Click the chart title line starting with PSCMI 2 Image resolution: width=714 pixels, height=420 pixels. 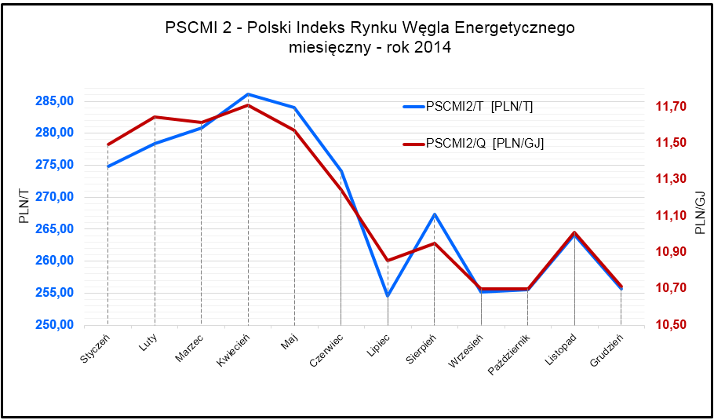tap(370, 28)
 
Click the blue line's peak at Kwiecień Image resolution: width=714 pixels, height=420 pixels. tap(248, 94)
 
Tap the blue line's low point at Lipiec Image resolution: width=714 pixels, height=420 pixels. tap(388, 296)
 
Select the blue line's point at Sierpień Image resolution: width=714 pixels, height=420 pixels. tap(434, 214)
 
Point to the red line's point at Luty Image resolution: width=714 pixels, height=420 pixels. tap(155, 117)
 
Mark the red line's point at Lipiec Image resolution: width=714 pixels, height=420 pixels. tap(388, 261)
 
